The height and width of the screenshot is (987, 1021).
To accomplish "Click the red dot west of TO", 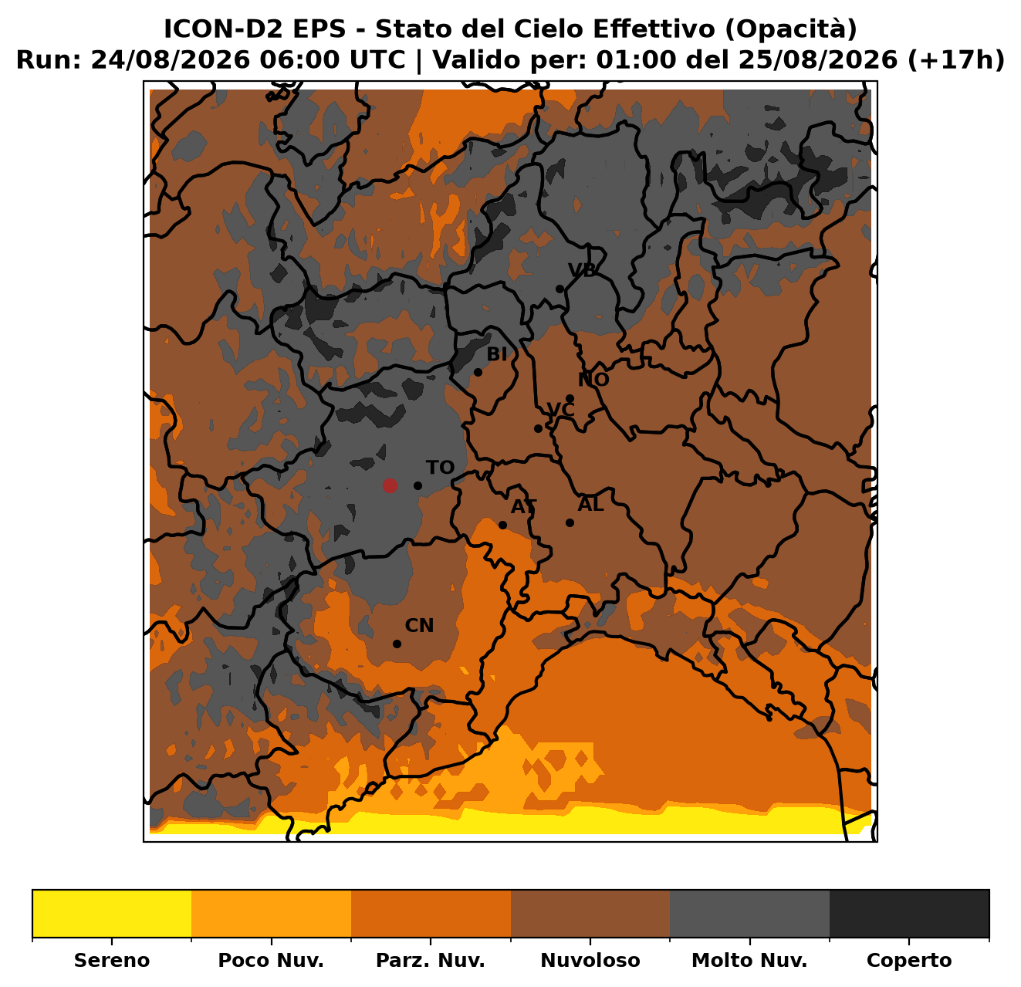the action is pyautogui.click(x=390, y=485).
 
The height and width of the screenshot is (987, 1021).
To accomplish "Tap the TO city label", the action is pyautogui.click(x=440, y=467).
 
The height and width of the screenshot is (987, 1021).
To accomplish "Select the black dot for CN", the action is pyautogui.click(x=397, y=644).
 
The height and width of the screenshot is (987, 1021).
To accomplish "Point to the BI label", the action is pyautogui.click(x=496, y=354).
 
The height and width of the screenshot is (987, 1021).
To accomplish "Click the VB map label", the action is pyautogui.click(x=582, y=269).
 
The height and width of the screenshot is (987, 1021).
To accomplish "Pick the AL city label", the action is pyautogui.click(x=590, y=504).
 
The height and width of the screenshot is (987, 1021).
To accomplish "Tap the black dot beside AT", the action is pyautogui.click(x=502, y=525).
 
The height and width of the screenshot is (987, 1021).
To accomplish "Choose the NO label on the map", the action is pyautogui.click(x=593, y=380).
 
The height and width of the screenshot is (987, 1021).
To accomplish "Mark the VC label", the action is pyautogui.click(x=560, y=409).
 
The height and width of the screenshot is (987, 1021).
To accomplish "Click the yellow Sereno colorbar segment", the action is pyautogui.click(x=112, y=914).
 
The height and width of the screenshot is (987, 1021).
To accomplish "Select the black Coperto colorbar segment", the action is pyautogui.click(x=909, y=914).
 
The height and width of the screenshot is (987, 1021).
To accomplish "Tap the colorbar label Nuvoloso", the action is pyautogui.click(x=590, y=960).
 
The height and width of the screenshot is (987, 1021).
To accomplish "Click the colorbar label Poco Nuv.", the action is pyautogui.click(x=271, y=960).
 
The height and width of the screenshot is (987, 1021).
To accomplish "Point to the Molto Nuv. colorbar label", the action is pyautogui.click(x=749, y=960).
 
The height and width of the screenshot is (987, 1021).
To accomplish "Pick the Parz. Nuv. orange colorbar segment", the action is pyautogui.click(x=431, y=914).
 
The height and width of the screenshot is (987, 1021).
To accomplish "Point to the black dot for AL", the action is pyautogui.click(x=570, y=522).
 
